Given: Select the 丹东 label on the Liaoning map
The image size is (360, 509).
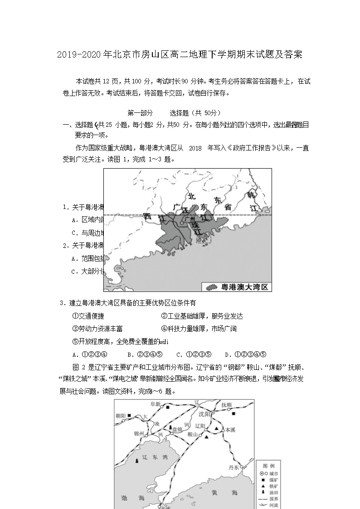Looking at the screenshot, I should [234, 467].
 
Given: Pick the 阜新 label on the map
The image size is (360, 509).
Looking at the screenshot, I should [156, 404].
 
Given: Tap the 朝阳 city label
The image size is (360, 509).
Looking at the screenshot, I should [120, 415].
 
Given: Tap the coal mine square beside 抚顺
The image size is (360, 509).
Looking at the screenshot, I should [234, 413].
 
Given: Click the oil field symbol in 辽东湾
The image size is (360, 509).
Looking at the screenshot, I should [137, 461].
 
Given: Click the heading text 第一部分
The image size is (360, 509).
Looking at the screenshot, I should [140, 113].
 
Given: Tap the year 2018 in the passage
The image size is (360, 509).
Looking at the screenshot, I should [194, 148].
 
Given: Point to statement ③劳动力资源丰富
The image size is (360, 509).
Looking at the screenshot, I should [97, 329].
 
